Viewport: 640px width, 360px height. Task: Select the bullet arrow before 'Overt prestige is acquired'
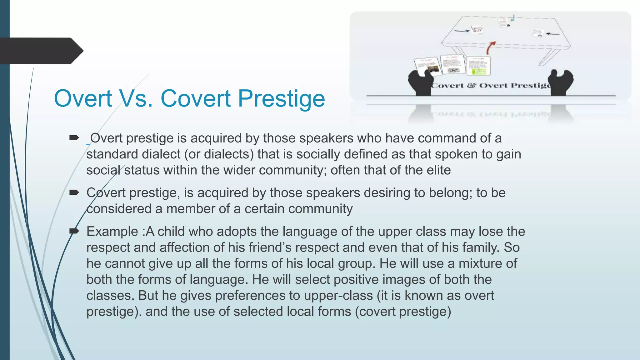[74, 138]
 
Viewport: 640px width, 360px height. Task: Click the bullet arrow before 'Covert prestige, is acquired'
[74, 192]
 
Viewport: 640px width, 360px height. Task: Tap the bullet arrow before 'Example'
[74, 231]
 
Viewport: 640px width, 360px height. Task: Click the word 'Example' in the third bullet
[112, 232]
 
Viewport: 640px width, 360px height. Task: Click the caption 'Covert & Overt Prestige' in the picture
[491, 86]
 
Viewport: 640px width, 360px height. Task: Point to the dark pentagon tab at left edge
[41, 51]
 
